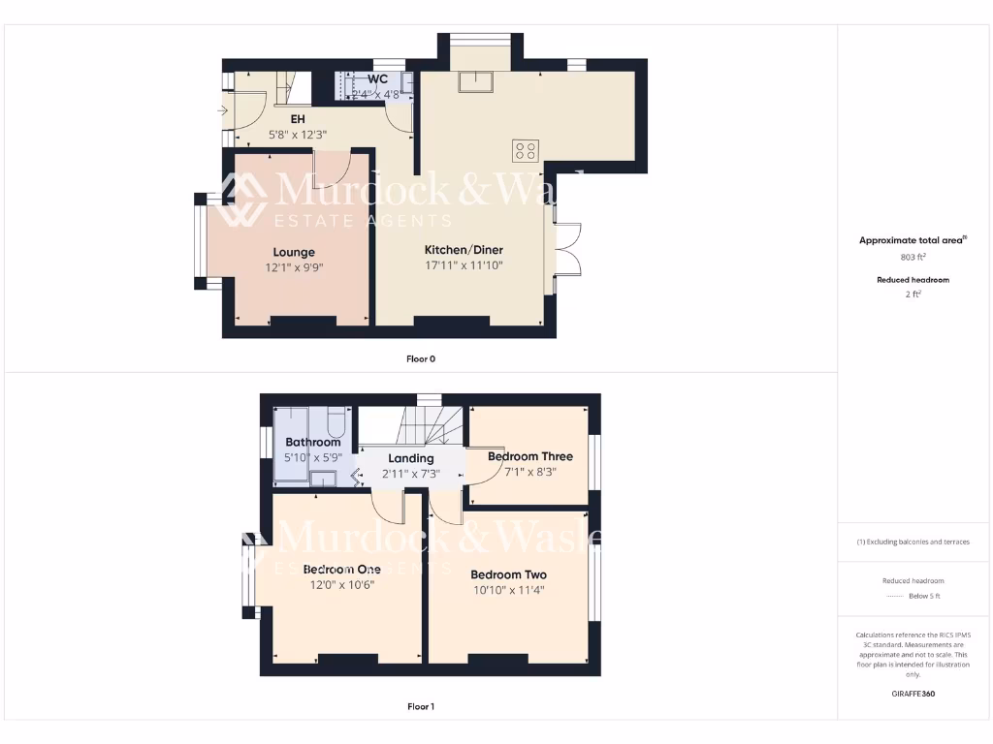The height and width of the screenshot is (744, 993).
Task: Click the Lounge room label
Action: click(x=294, y=252)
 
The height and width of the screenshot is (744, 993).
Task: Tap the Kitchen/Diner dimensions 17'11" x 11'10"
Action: click(x=464, y=264)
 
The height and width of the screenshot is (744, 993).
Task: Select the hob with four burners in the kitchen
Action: click(x=526, y=150)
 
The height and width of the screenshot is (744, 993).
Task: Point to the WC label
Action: click(x=377, y=78)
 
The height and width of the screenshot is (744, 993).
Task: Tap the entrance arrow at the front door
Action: click(x=225, y=111)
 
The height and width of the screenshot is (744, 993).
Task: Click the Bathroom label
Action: click(x=312, y=442)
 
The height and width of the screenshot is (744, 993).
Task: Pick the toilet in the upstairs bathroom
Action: click(x=336, y=423)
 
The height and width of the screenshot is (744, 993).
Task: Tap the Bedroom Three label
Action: click(x=529, y=456)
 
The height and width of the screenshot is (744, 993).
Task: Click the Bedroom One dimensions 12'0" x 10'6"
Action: click(x=341, y=584)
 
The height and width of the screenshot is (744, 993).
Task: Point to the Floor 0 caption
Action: click(x=421, y=358)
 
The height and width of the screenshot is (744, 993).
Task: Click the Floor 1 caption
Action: click(x=421, y=706)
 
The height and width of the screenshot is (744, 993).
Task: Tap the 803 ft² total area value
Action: click(x=912, y=257)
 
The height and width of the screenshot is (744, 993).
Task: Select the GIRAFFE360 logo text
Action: click(x=912, y=694)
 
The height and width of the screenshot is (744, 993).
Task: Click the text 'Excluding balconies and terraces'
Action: click(x=913, y=542)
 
